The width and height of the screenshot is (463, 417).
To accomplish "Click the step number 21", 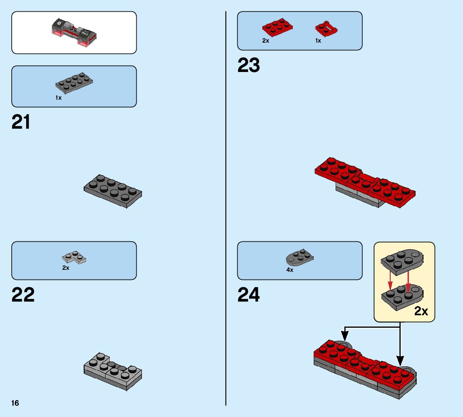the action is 21,122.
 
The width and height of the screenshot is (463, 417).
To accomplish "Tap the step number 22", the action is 23,295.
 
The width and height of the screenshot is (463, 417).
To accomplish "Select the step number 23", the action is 249,66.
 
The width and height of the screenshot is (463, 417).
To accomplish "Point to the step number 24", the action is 249,295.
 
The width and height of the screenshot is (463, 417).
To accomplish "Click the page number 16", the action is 15,403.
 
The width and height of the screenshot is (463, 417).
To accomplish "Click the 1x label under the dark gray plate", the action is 59,98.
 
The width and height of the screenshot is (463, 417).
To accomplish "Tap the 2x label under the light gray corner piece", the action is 66,268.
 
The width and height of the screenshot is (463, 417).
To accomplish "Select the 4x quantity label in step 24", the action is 290,270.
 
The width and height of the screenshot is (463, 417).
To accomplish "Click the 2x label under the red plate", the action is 265,41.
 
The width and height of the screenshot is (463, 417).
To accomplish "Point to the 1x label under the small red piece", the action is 318,41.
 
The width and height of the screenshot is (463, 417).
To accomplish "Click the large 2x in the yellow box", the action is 421,311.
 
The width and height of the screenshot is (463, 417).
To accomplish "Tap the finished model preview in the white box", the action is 74,32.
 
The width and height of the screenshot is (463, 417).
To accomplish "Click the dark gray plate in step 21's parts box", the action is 74,82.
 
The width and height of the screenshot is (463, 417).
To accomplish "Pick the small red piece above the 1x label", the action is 326,29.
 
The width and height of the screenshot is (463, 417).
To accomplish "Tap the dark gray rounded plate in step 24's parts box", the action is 300,258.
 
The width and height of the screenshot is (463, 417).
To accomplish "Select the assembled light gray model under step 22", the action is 113,371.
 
